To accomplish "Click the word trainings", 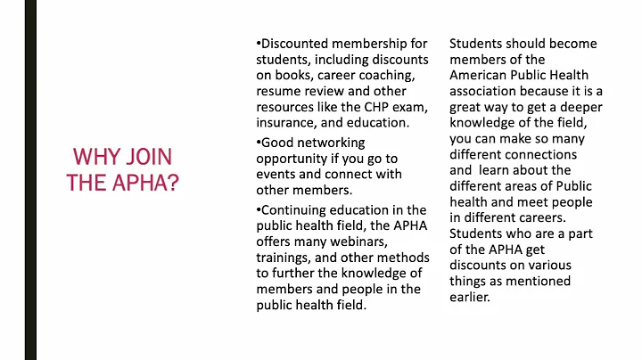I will (287, 258).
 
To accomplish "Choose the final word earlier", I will (470, 297).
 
